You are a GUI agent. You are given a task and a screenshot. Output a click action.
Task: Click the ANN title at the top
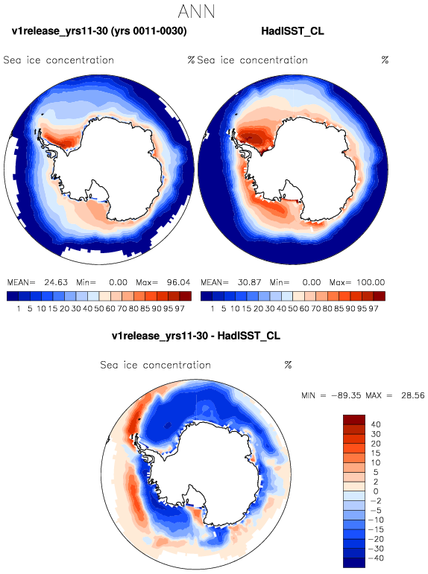(196, 11)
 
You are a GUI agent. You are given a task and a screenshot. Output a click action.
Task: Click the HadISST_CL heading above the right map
(292, 31)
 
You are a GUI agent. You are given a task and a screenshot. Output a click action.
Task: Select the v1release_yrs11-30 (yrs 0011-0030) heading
(99, 31)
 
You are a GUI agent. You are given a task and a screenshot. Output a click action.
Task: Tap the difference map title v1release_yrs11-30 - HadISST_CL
(196, 336)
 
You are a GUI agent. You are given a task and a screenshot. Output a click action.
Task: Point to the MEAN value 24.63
(56, 282)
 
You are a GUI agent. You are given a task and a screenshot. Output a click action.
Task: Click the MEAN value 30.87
(249, 282)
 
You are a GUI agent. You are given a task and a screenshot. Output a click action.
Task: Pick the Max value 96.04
(179, 282)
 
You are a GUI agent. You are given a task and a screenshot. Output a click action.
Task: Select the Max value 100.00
(371, 282)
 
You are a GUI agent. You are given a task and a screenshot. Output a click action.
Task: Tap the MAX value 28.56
(412, 395)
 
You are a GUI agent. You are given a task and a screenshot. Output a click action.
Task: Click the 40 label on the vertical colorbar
(376, 424)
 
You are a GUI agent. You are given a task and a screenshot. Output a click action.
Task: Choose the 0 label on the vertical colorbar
(376, 491)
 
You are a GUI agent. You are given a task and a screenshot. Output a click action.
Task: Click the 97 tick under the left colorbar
(180, 309)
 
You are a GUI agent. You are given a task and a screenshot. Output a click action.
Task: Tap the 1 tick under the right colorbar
(213, 309)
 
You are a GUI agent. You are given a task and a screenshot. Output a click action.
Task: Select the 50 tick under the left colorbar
(99, 309)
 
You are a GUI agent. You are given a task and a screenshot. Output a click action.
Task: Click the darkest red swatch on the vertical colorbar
(354, 419)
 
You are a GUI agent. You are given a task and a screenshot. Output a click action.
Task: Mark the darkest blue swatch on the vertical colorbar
(354, 563)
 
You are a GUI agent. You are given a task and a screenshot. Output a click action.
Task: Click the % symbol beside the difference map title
(288, 365)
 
